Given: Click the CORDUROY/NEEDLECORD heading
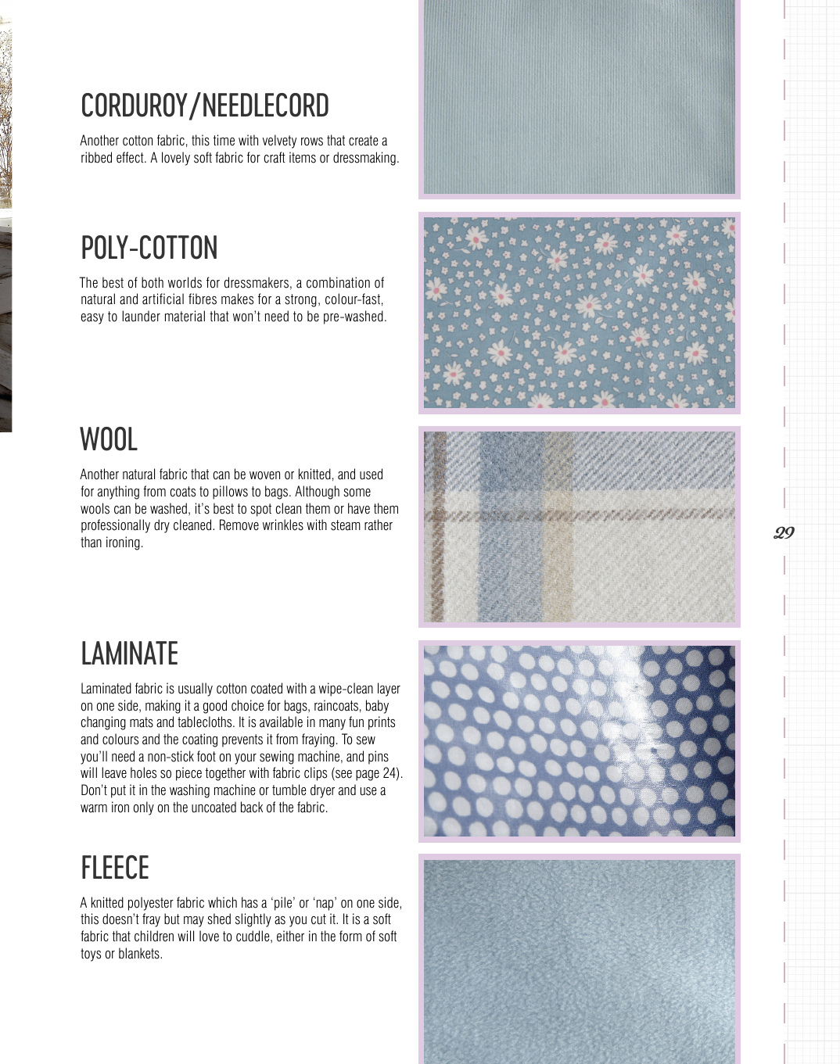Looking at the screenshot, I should pos(205,106).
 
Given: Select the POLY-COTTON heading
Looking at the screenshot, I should pos(149,249).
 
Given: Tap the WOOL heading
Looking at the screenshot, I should pos(109,439).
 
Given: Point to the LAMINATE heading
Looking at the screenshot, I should pos(130,654).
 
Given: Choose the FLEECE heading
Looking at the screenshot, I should pos(115,868).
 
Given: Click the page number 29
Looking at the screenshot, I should pos(784,533).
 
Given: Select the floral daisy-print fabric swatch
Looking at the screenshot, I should pos(579,313).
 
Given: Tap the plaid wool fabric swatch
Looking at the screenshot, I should pos(579,527).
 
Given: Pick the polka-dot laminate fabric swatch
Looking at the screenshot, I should pos(579,741).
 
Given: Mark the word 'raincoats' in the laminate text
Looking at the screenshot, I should pos(339,706).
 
